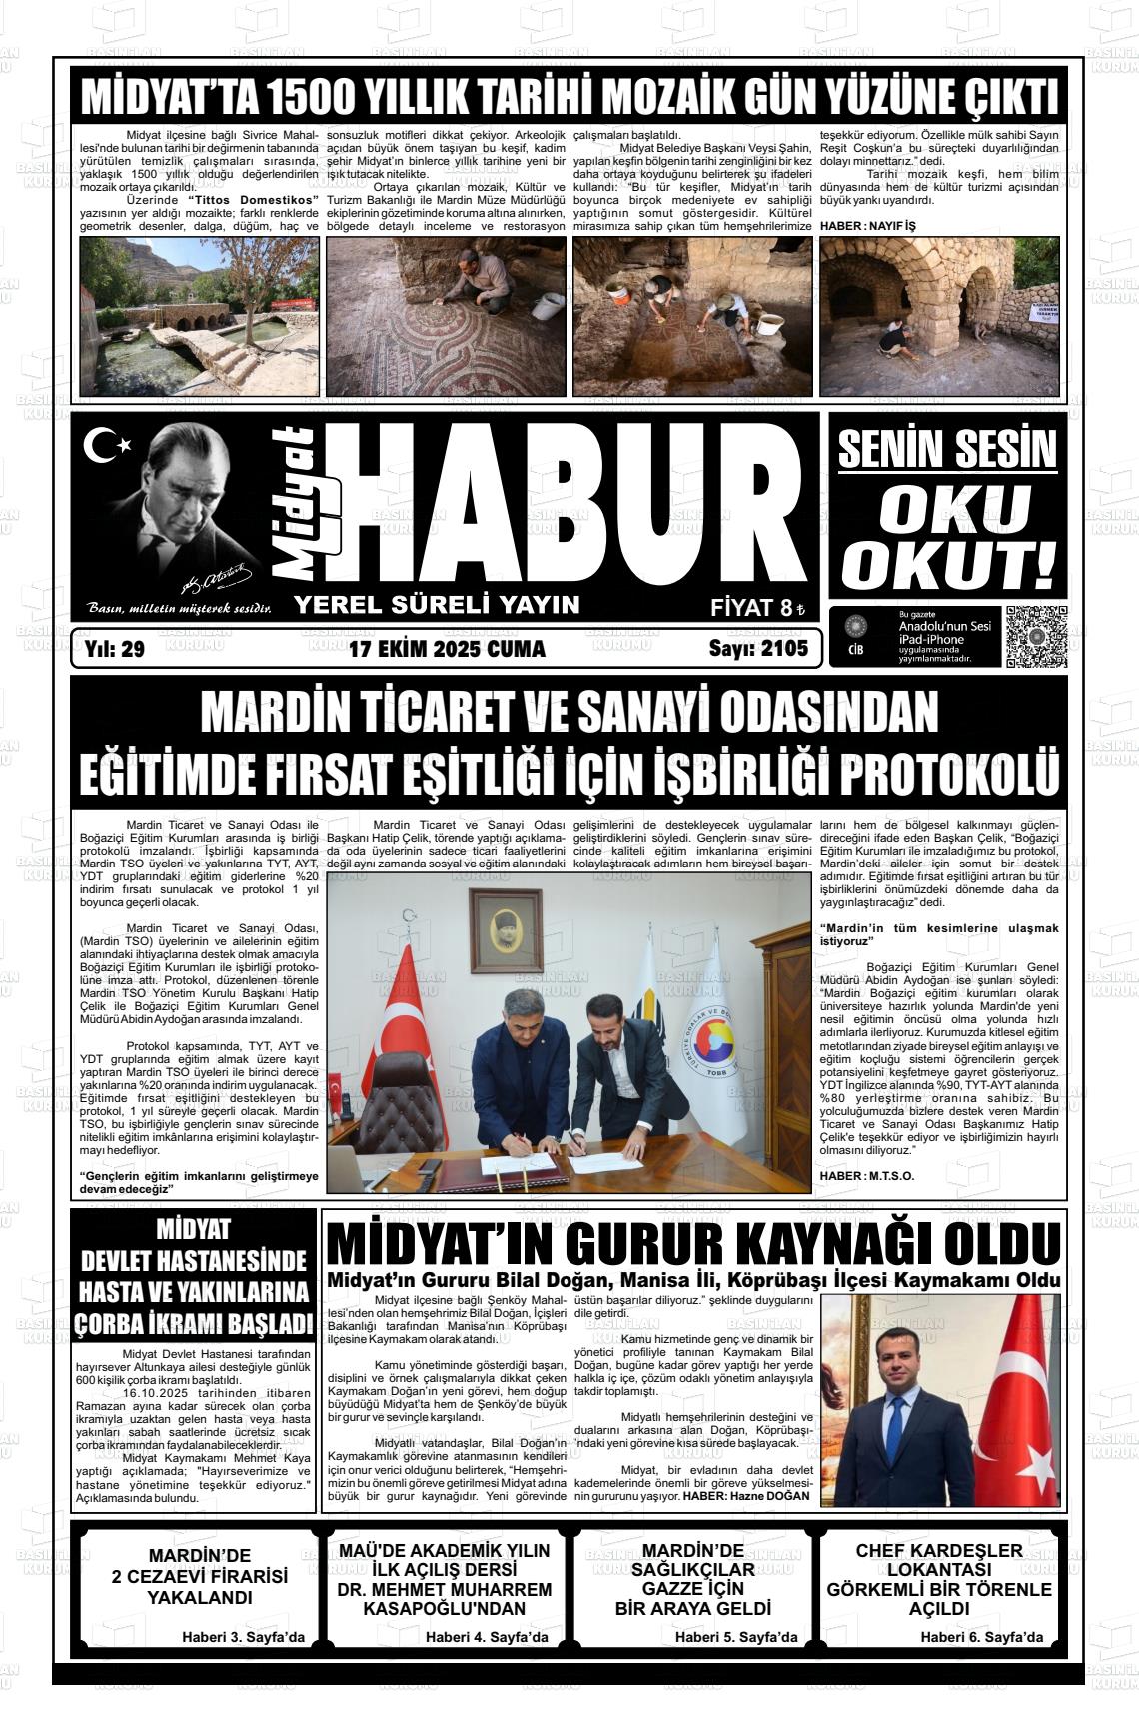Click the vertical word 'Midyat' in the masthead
point(308,503)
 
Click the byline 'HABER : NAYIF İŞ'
point(867,227)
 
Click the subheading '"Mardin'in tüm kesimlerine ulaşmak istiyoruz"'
point(938,934)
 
